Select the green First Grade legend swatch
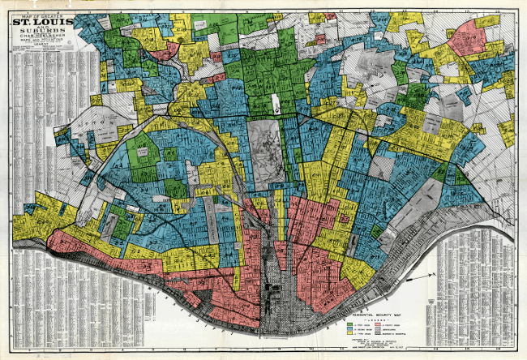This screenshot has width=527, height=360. tap(350, 324)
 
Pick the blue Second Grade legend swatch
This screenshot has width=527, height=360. tap(350, 330)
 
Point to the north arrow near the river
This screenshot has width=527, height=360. tap(415, 278)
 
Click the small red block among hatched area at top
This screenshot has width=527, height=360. tap(330, 15)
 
